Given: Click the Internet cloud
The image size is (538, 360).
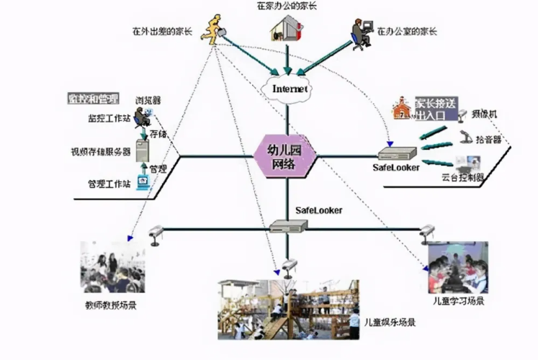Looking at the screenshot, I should point(289,88).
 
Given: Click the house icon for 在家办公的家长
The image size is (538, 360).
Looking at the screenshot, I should point(285,28).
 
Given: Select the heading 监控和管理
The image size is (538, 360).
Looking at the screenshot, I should point(93,98).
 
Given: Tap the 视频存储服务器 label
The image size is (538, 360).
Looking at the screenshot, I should point(101,152).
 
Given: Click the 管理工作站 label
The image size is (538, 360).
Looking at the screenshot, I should point(105,184).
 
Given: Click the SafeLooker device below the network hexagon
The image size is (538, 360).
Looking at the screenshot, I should point(288,226).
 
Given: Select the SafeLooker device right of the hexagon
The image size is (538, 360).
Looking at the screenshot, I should point(398,152).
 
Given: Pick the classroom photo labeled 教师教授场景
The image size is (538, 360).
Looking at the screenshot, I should point(112,266).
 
